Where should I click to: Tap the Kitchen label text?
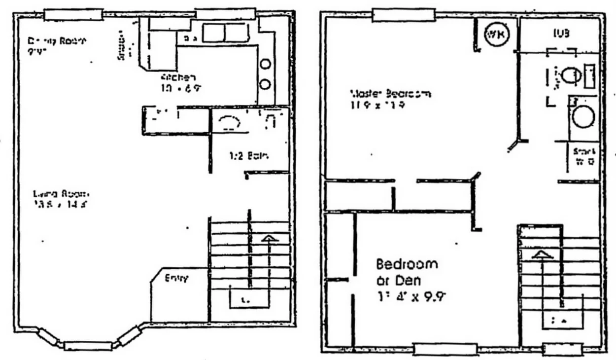tap(178, 77)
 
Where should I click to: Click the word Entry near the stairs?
tap(176, 278)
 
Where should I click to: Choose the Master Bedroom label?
tap(391, 93)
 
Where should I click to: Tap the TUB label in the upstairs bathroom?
tap(561, 33)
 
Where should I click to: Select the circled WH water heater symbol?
tap(496, 34)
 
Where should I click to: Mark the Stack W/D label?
tap(584, 156)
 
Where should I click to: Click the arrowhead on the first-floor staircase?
tap(269, 239)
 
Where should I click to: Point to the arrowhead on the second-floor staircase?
tap(541, 254)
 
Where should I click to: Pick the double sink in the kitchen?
tap(226, 33)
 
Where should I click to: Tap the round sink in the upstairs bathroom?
tap(584, 117)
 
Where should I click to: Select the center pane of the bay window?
tap(88, 346)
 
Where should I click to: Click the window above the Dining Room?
tap(73, 14)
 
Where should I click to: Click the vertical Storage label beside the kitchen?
tap(121, 47)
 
